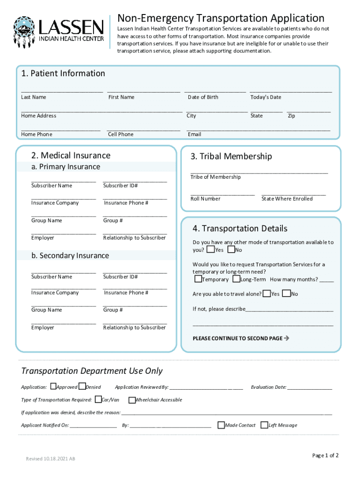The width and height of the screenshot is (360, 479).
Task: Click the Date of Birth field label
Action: click(203, 97)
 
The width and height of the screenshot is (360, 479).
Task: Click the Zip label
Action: click(291, 116)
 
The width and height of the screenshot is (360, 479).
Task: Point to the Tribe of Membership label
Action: click(216, 177)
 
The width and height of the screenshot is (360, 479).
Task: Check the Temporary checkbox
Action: click(198, 279)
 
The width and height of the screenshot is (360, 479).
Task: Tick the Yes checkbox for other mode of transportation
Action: click(211, 250)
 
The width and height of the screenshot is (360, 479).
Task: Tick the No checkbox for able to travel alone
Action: click(286, 294)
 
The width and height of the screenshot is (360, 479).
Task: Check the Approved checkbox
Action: click(53, 387)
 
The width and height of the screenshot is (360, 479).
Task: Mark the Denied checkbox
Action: click(82, 387)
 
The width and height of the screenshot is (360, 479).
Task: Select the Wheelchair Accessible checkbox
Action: click(132, 400)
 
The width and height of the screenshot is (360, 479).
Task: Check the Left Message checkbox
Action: click(265, 425)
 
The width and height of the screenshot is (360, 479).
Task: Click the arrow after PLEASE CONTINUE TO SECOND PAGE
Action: click(287, 338)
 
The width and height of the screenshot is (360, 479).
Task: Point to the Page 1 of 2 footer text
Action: click(325, 456)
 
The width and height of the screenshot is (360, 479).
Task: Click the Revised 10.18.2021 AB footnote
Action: click(50, 459)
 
